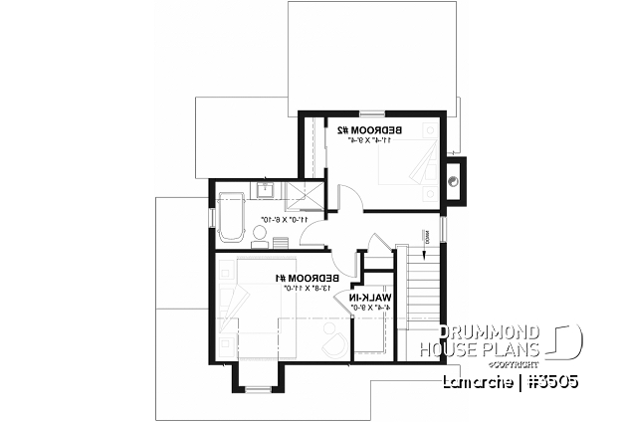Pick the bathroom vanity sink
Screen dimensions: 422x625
[x=268, y=190]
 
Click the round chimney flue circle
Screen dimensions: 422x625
[x=455, y=181]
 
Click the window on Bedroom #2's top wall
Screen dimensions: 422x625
[x=372, y=111]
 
